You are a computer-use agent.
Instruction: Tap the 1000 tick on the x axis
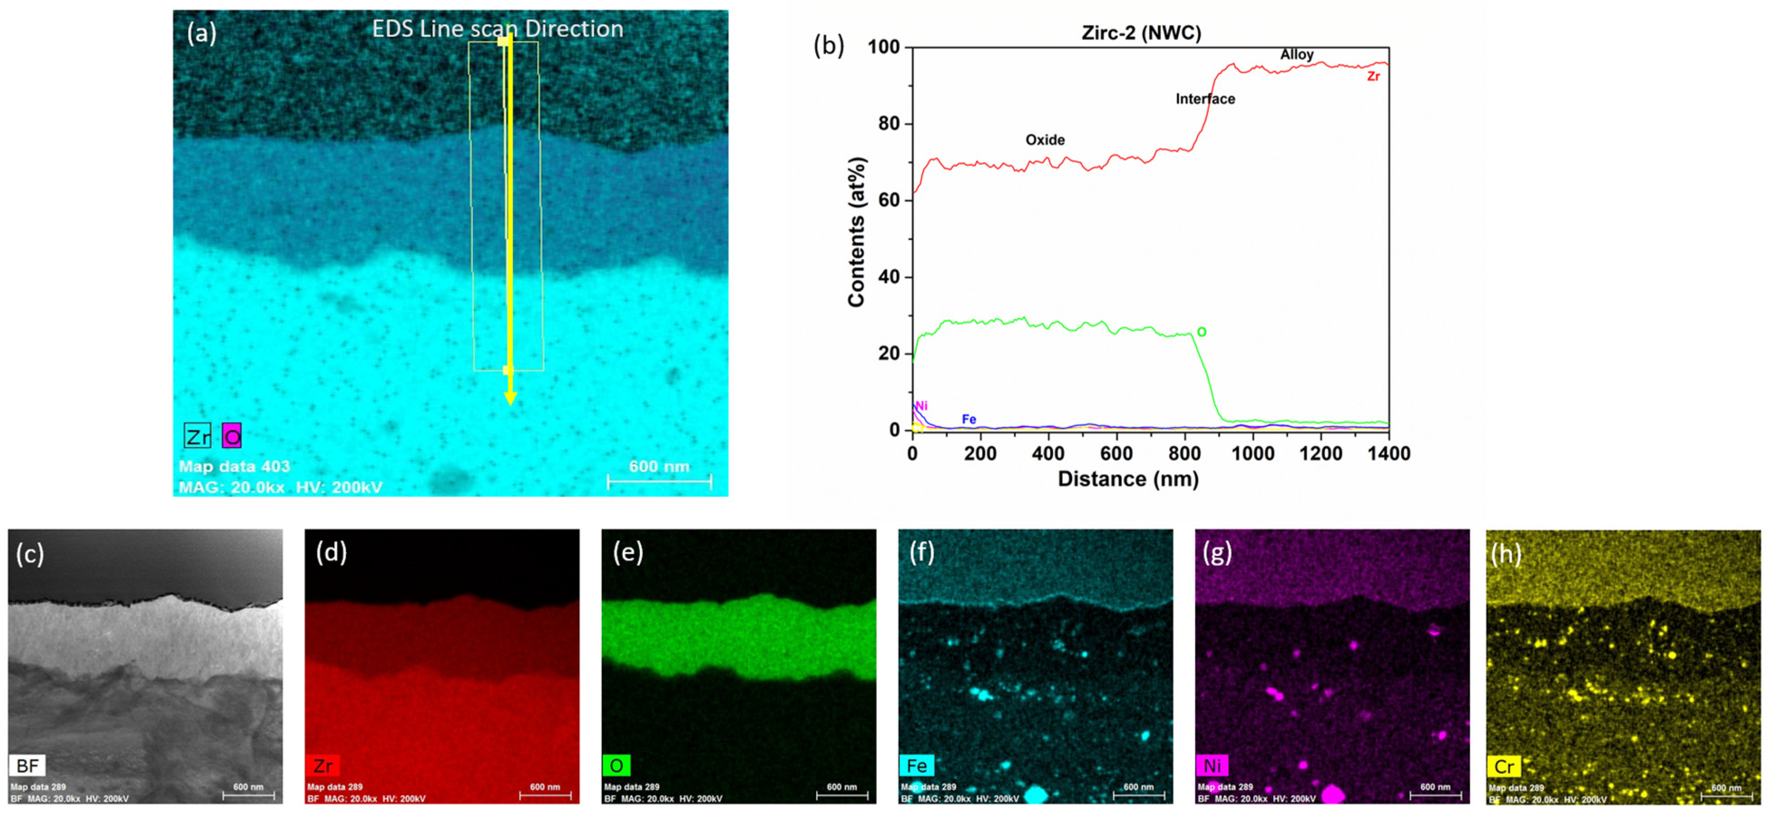[1252, 454]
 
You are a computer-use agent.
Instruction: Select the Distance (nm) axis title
[1127, 479]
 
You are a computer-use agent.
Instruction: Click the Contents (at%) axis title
[856, 232]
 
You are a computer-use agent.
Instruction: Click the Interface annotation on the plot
[1204, 99]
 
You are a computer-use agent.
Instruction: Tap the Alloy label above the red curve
[1296, 54]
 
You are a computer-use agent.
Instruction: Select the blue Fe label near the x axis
[968, 419]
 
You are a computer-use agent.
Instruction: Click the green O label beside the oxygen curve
[1201, 332]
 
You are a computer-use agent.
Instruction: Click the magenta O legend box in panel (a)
[232, 436]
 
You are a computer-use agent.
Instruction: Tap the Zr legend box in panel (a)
[197, 436]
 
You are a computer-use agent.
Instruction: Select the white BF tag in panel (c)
[28, 765]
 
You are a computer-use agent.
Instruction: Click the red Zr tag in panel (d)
[323, 765]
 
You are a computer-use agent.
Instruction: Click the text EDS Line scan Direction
[497, 29]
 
